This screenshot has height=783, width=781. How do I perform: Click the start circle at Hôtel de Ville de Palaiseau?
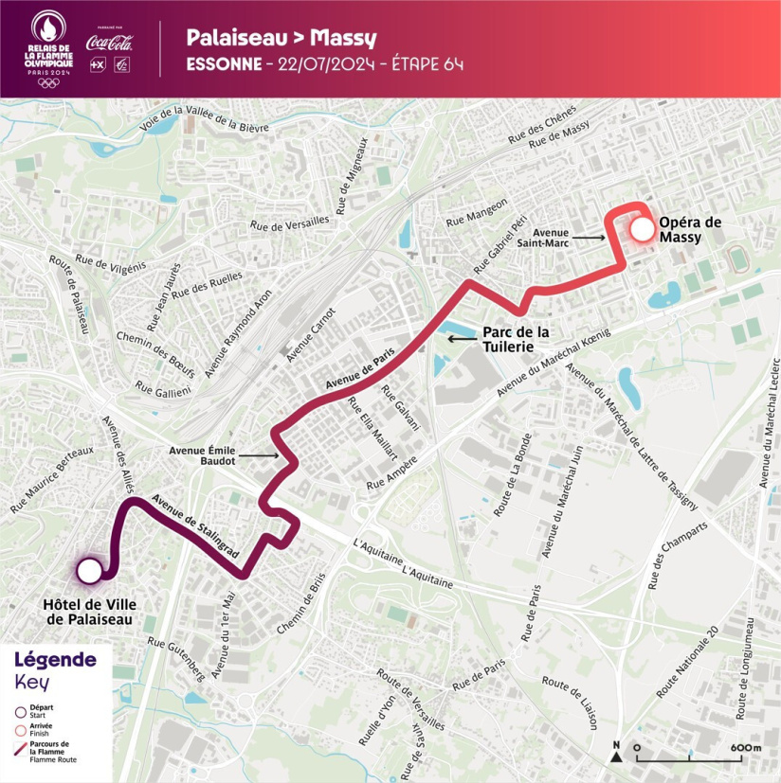[x=89, y=571]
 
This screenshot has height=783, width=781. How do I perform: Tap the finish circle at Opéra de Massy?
[x=643, y=229]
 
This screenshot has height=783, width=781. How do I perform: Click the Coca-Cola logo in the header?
[x=109, y=43]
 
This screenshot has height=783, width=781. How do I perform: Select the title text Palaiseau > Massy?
[x=281, y=38]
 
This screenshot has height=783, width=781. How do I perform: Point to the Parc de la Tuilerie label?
[x=516, y=339]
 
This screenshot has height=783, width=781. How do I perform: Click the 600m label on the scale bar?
[x=745, y=748]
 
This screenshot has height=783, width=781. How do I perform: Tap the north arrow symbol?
[x=616, y=753]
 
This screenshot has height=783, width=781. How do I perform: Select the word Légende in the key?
[x=55, y=659]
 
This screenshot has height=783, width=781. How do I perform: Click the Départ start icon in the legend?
[x=19, y=713]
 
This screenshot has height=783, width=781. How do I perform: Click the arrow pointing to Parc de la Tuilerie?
[x=462, y=338]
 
